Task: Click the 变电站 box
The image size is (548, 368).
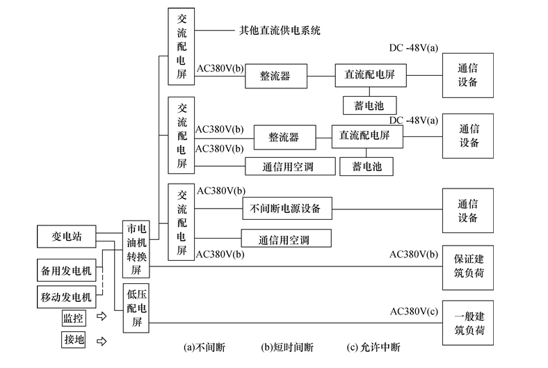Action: (x=67, y=237)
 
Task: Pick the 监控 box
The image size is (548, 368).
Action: (x=73, y=319)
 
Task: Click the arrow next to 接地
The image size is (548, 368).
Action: (x=102, y=341)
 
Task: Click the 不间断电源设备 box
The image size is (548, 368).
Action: (x=287, y=207)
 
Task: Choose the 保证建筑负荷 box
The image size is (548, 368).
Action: (x=467, y=265)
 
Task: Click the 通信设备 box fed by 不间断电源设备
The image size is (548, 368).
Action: (x=467, y=210)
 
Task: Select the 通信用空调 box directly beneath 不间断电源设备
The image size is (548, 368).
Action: (x=286, y=239)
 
